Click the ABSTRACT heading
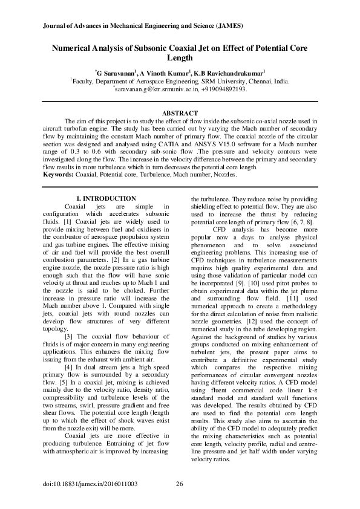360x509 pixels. [180, 114]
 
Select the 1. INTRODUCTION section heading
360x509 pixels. [105, 199]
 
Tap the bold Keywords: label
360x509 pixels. [59, 175]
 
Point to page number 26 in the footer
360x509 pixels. [179, 483]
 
